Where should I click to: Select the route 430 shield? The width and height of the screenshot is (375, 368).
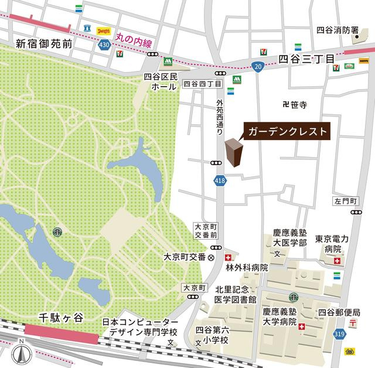(x=104, y=46)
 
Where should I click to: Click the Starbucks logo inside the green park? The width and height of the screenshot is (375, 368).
(x=57, y=232)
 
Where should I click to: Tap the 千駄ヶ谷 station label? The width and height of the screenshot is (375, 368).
(x=62, y=317)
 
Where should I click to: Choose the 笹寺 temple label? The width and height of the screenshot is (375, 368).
(x=294, y=104)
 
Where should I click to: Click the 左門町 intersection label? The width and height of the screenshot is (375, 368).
(x=345, y=200)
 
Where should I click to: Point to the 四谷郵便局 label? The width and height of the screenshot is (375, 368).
(x=339, y=312)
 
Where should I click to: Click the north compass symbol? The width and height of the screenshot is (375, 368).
(x=22, y=353)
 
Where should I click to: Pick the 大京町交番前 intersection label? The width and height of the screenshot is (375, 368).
(x=206, y=230)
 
